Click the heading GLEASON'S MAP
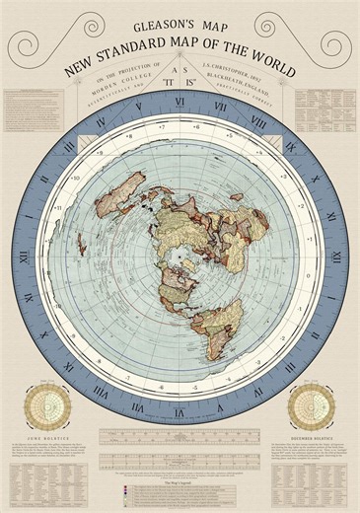click(180, 19)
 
